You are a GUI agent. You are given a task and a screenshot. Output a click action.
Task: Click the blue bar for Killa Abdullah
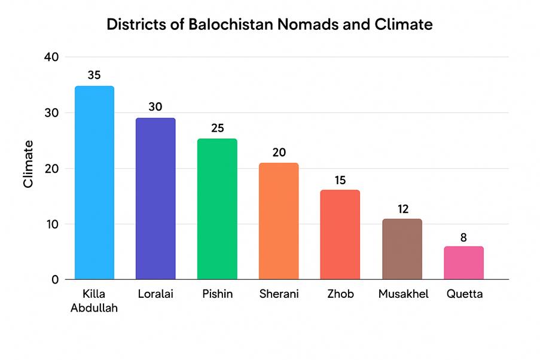coord(94,182)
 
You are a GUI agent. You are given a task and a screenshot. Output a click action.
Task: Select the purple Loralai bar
coord(155,199)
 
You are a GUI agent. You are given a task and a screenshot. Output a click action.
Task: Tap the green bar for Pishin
coord(217,209)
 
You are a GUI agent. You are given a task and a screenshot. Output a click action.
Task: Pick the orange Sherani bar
coord(279,221)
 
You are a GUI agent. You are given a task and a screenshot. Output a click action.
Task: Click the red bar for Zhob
coord(340,234)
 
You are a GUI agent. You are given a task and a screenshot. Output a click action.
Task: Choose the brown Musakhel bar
coord(402,249)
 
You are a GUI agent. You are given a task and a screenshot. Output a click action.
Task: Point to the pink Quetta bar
coord(463,263)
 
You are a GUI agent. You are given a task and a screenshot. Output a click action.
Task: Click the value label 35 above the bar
coord(94,75)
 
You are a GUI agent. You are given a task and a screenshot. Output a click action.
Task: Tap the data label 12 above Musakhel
coord(402,209)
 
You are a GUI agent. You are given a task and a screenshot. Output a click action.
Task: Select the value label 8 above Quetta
coord(463,237)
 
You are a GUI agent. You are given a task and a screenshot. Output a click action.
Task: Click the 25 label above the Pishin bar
coord(217,129)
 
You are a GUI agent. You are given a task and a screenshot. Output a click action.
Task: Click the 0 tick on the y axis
coord(54,279)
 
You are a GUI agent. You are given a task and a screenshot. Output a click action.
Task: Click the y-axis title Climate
coord(28,164)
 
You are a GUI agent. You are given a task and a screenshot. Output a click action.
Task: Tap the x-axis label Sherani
coord(279,294)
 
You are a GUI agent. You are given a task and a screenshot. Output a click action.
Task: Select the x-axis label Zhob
coord(340,294)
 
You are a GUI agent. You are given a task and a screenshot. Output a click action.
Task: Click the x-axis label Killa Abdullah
coord(94,301)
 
